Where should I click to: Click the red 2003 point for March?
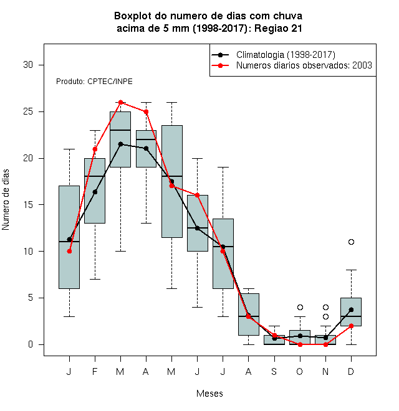pos(120,102)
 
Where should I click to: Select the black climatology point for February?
pos(95,192)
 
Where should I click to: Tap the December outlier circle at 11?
pos(351,242)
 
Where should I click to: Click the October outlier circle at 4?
pos(300,307)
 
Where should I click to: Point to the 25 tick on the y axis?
pos(41,111)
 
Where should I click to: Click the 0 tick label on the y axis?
pos(31,344)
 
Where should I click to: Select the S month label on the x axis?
pos(274,372)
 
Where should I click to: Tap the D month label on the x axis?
pos(351,372)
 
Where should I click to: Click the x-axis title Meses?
pos(209,394)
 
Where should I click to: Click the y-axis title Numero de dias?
pos(6,200)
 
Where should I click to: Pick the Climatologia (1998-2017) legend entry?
pos(273,55)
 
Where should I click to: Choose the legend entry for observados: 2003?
pos(292,65)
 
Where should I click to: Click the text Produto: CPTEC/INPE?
pos(94,82)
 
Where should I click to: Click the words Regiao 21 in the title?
pos(278,28)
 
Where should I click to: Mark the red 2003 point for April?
pos(147,111)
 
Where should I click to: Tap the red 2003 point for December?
pos(351,326)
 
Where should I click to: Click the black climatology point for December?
pos(351,310)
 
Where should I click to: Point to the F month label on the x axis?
pos(95,372)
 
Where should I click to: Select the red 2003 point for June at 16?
pos(198,196)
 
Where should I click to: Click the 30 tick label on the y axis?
pos(28,65)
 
